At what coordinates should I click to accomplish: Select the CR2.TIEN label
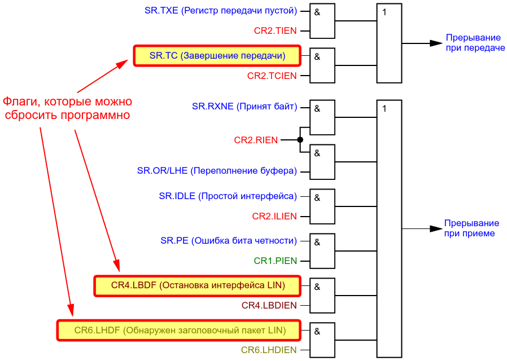[275, 31]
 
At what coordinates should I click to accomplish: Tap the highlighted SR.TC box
[217, 56]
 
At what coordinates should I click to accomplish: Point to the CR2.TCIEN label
[272, 76]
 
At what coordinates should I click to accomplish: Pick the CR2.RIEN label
[256, 140]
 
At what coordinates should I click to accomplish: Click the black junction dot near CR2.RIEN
[300, 140]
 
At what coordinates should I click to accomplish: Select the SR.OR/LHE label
[217, 170]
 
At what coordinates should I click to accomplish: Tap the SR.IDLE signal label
[228, 196]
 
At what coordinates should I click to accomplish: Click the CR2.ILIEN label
[274, 216]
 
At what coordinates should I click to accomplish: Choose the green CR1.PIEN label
[275, 261]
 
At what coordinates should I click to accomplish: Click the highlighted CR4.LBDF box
[198, 286]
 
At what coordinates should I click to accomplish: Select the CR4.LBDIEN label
[269, 305]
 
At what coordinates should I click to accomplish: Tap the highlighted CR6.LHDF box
[180, 330]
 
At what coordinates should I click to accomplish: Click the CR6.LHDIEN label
[269, 350]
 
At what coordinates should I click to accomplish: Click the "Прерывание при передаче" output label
[475, 43]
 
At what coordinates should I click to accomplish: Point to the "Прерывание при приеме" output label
[471, 228]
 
